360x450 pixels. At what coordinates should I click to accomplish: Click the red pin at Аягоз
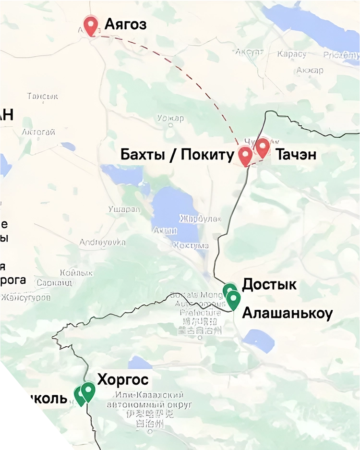[x=91, y=24]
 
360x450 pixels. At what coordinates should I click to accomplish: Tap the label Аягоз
[x=125, y=24]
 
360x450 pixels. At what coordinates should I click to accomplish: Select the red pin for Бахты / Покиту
[x=245, y=156]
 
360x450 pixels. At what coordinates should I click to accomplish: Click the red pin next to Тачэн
[x=262, y=147]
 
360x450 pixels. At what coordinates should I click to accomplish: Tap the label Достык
[x=269, y=284]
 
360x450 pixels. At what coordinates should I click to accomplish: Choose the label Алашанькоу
[x=287, y=313]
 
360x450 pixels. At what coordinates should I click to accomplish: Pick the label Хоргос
[x=123, y=380]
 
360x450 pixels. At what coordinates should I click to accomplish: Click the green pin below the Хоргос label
[x=88, y=391]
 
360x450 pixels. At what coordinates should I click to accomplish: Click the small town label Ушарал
[x=124, y=209]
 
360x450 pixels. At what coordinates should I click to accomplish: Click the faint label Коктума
[x=191, y=245]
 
